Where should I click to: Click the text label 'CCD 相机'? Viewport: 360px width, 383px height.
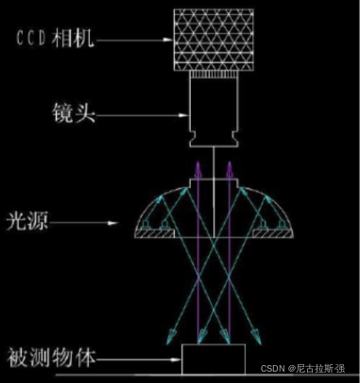point(57,40)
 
